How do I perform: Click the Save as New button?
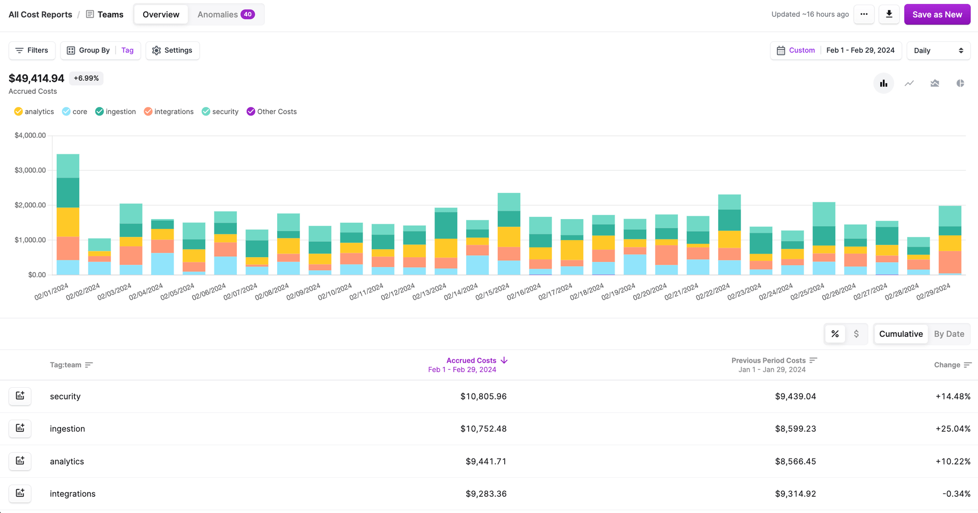937,14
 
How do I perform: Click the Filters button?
32,50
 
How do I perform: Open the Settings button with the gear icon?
172,50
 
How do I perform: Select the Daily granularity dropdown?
938,50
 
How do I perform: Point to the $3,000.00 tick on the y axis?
30,170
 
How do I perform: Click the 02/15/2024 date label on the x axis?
492,292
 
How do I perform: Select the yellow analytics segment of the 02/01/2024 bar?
68,222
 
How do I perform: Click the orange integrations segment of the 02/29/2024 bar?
949,262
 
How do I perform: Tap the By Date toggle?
948,334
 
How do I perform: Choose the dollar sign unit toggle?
856,334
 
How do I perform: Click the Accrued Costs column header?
471,360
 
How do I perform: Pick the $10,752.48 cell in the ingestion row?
483,428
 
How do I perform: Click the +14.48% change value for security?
953,396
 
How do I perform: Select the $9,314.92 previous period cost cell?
795,494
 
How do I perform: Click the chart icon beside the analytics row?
20,461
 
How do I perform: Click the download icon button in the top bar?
889,14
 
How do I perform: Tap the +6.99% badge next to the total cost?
86,78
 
